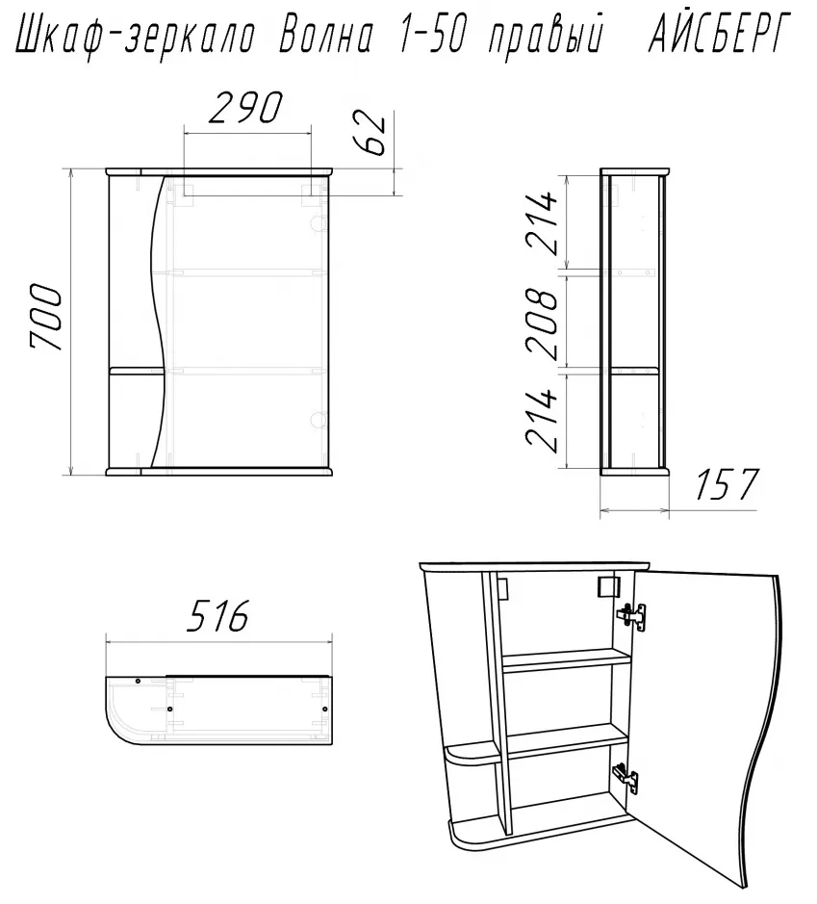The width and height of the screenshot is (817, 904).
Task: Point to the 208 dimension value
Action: pos(542,323)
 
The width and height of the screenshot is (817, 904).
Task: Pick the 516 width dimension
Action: pos(218,615)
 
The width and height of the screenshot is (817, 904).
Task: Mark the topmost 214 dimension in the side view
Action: pos(542,223)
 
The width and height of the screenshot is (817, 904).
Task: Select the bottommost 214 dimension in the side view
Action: pos(542,420)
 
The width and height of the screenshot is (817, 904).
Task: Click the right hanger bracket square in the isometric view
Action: pos(606,587)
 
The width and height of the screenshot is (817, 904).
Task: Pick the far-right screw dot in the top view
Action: pos(324,708)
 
